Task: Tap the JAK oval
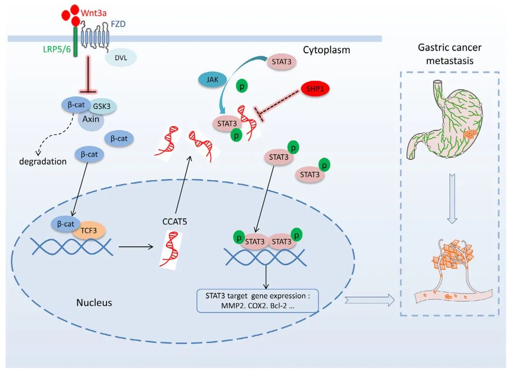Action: click(213, 80)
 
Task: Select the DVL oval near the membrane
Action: click(121, 57)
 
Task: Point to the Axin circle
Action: click(91, 119)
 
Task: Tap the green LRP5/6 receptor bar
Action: click(75, 43)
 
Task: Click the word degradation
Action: click(43, 161)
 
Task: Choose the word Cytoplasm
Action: click(326, 49)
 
